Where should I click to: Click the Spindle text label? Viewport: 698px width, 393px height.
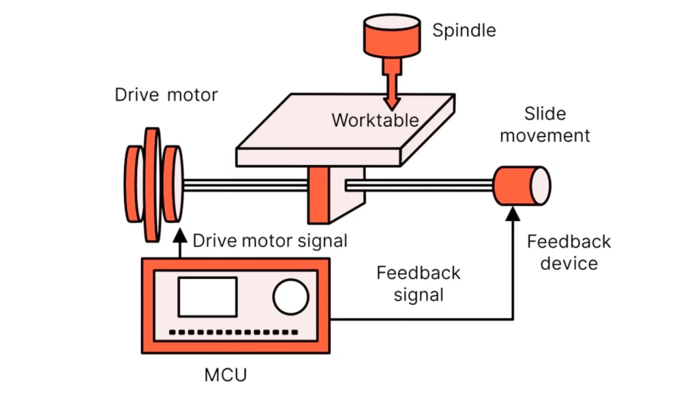point(464,31)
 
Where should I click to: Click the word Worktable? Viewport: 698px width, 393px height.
point(375,120)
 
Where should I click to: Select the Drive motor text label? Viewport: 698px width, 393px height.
point(166,94)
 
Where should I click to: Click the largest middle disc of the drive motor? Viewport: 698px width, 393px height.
point(152,184)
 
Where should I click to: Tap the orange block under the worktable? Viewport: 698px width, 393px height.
point(320,195)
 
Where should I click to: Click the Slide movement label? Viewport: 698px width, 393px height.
point(545,124)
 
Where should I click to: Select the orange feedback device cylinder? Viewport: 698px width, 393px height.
point(515,186)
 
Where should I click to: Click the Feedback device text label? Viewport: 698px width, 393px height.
point(568,252)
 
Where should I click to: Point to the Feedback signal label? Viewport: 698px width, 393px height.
point(419,284)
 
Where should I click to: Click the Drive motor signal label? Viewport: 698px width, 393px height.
point(270,241)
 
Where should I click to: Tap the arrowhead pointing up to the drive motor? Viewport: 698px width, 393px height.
point(179,234)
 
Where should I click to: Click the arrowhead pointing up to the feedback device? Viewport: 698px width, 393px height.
point(513,214)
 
